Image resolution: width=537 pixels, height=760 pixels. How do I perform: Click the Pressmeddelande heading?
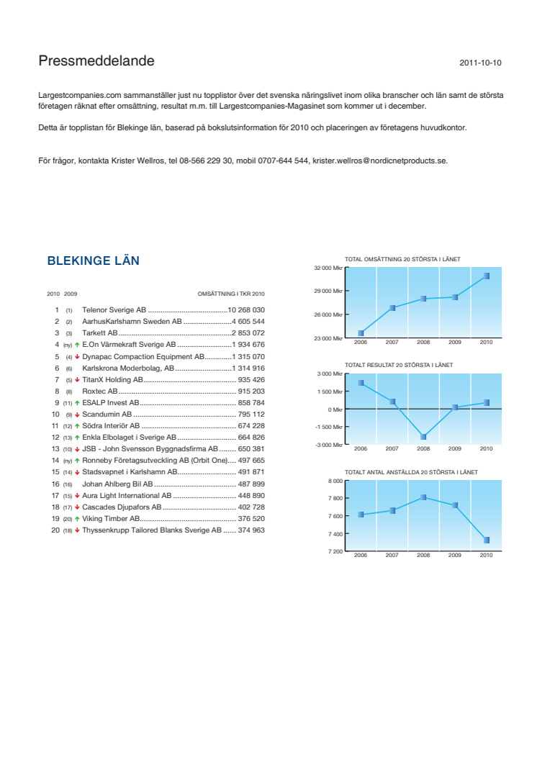(96, 62)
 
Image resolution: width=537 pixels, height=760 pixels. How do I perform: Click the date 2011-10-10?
(480, 63)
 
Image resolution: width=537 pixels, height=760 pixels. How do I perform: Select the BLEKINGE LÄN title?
(93, 261)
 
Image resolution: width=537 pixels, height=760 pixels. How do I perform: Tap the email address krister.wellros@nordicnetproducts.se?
(379, 160)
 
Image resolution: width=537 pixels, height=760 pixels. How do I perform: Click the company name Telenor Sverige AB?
(114, 309)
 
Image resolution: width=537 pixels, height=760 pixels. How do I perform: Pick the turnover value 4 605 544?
(248, 322)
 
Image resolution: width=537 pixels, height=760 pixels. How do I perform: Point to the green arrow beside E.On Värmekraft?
(77, 345)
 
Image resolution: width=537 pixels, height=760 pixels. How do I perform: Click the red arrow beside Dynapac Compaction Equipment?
(77, 356)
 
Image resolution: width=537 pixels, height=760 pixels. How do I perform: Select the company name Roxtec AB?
(100, 391)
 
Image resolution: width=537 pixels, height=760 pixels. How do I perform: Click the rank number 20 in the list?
(55, 530)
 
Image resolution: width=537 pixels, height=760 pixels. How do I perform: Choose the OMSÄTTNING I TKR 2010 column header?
(231, 294)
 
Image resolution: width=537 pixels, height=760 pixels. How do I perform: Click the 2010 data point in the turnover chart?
(487, 276)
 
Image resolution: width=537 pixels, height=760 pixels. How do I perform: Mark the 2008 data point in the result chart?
(423, 437)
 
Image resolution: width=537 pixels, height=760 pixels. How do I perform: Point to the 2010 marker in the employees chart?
(487, 540)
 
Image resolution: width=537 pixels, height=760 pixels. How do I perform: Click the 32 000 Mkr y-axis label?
(328, 268)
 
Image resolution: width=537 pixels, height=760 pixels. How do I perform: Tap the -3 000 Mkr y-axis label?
(328, 445)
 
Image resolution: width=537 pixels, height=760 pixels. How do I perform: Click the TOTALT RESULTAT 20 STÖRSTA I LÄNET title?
(399, 365)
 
